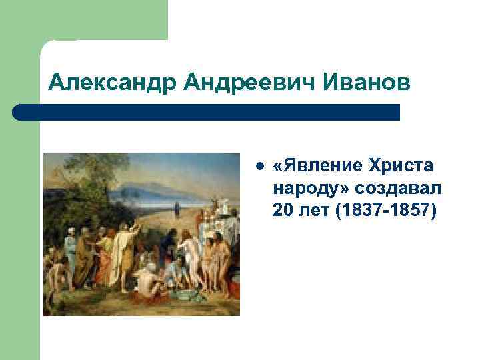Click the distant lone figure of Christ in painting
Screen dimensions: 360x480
177,209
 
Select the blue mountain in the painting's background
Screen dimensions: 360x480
153,186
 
